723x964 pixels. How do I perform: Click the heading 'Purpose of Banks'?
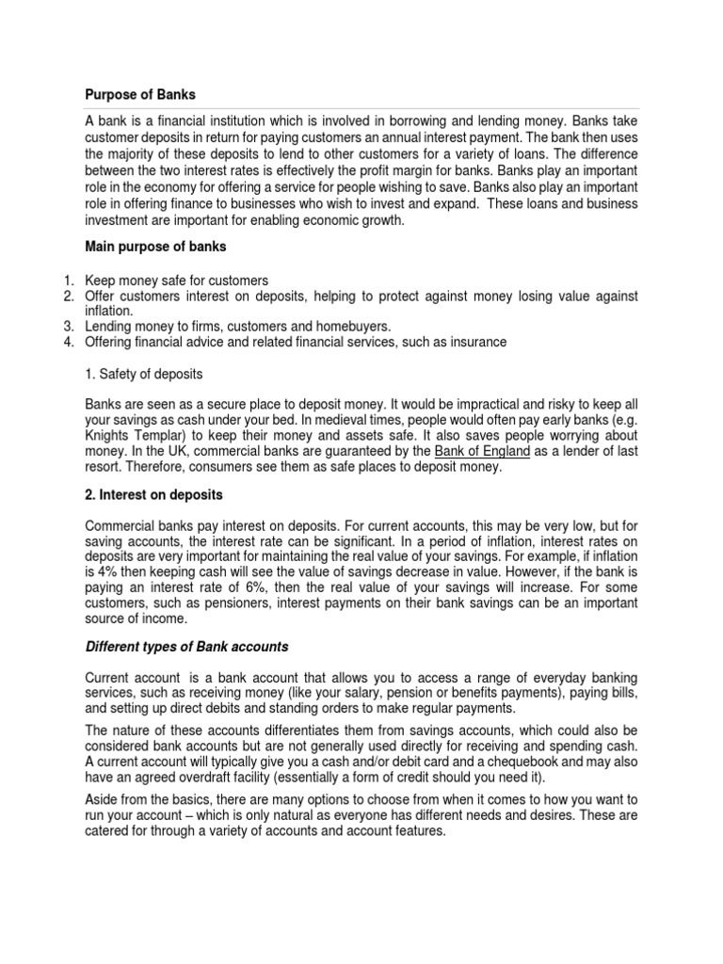coord(140,95)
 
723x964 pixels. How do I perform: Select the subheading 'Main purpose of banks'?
coord(155,247)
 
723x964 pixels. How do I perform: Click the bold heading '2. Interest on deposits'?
coord(154,495)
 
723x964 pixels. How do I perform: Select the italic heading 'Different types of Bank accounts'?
coord(187,647)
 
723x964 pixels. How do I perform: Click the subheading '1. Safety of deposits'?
coord(144,374)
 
